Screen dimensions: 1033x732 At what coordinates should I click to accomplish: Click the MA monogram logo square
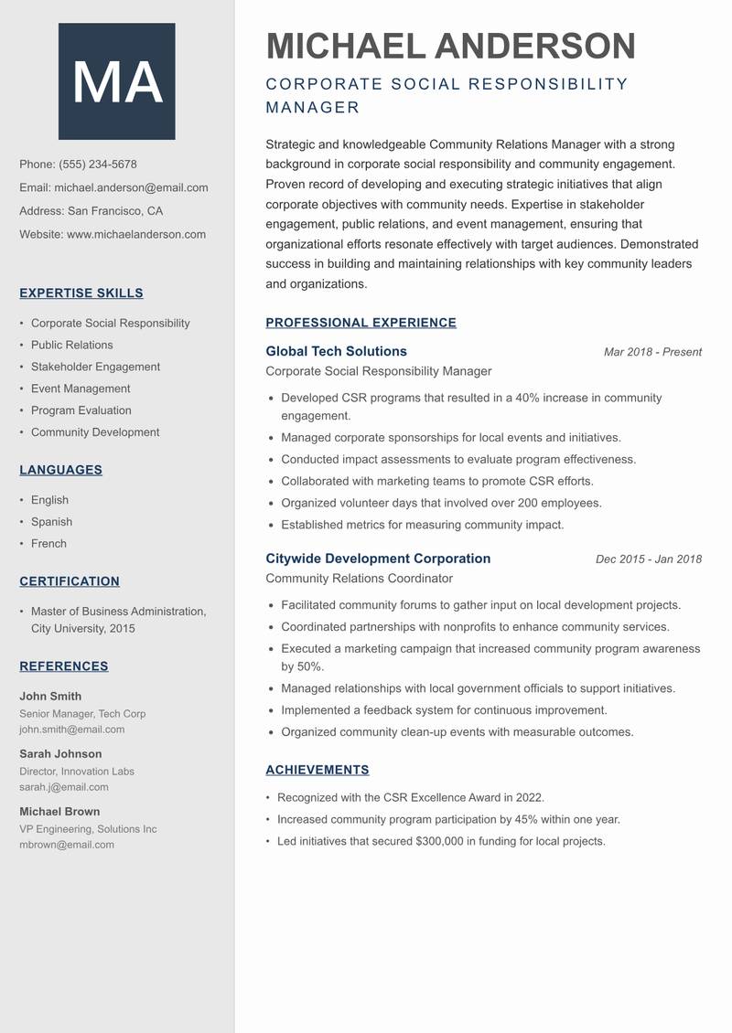tap(117, 81)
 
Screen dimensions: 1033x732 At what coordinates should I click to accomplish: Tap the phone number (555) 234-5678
tap(98, 165)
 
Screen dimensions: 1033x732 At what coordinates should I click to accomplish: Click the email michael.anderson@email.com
tap(131, 187)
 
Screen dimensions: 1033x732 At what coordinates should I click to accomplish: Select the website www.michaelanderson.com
tap(136, 234)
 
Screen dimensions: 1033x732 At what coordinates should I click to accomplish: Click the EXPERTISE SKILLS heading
tap(81, 293)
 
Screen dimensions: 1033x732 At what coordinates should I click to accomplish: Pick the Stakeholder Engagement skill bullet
tap(95, 367)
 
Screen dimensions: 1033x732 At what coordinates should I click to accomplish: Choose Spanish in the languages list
tap(51, 522)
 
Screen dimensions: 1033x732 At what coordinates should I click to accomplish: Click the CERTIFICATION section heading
tap(70, 581)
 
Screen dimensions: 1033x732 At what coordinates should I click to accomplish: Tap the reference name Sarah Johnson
tap(60, 754)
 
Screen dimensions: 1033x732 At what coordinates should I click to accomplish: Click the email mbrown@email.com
tap(67, 845)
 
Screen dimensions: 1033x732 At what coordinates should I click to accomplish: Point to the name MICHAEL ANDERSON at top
tap(450, 46)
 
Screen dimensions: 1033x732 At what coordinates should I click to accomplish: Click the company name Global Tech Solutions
tap(336, 351)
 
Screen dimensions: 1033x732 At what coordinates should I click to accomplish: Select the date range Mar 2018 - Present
tap(652, 352)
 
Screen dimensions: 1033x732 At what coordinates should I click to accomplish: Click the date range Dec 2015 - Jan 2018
tap(648, 559)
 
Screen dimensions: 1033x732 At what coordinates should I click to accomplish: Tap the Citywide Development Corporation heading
tap(378, 559)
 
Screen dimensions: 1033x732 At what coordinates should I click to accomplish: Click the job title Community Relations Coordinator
tap(359, 579)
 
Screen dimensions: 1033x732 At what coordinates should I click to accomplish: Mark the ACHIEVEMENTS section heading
tap(317, 771)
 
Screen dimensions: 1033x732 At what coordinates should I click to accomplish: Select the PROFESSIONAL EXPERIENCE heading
tap(361, 323)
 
